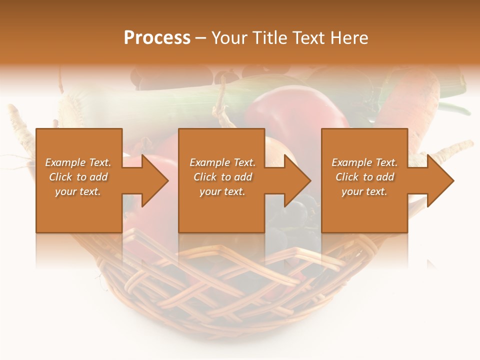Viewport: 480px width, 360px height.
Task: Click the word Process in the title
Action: coord(157,38)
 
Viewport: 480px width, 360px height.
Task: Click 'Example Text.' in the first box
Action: coord(78,162)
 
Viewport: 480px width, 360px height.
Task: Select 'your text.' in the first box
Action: coord(78,191)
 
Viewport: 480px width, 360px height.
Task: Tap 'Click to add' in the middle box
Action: coord(222,177)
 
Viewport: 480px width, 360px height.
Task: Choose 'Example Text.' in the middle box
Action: coord(222,162)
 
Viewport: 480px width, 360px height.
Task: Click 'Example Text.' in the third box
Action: coord(364,162)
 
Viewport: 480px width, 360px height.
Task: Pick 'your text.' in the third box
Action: coord(364,191)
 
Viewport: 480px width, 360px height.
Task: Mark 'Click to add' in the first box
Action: coord(78,177)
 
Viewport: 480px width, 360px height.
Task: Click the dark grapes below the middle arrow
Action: coord(300,212)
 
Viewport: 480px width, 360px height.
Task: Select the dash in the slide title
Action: coord(201,38)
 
